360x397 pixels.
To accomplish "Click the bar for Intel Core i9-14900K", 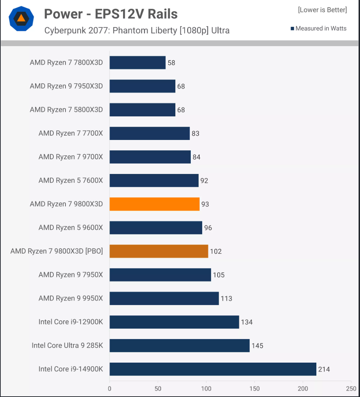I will [x=213, y=369].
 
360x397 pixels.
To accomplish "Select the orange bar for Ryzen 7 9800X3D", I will [x=155, y=204].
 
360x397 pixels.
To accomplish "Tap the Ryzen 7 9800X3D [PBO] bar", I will [x=159, y=251].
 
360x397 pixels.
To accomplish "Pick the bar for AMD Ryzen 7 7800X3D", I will [x=137, y=63].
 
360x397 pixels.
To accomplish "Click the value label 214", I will [x=324, y=369].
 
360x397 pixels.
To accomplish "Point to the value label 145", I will [x=257, y=346].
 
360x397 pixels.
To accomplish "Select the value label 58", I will [x=171, y=63].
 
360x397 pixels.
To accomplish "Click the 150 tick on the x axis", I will [x=255, y=388].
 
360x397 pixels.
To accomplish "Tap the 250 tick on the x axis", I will [x=351, y=388].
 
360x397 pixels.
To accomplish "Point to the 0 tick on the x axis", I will [x=110, y=388].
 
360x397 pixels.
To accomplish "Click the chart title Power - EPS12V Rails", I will [x=111, y=14].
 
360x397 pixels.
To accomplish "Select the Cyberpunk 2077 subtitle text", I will [x=137, y=31].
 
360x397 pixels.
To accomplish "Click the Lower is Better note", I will [x=322, y=10].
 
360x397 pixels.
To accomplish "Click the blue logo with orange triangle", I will [x=21, y=19].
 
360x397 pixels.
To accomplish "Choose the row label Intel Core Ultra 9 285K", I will [x=67, y=346].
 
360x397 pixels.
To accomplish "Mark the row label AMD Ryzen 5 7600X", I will [x=70, y=180].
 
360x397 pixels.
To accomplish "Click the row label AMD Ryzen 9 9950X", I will [x=70, y=299].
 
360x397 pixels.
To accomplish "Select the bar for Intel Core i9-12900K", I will [x=174, y=322].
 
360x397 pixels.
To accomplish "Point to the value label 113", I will [x=227, y=299].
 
